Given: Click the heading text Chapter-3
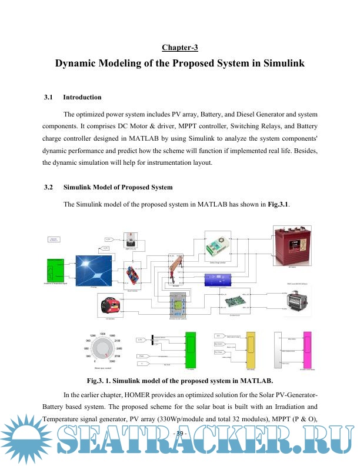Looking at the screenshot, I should coord(180,47).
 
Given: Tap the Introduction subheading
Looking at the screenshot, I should coord(82,97).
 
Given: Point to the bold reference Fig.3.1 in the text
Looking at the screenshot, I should coord(278,204).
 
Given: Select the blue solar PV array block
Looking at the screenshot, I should coord(95,268).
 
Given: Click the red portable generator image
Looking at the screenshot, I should coord(110,305).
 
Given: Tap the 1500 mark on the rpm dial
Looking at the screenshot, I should coord(103,334).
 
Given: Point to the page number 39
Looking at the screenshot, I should coord(179,434).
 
